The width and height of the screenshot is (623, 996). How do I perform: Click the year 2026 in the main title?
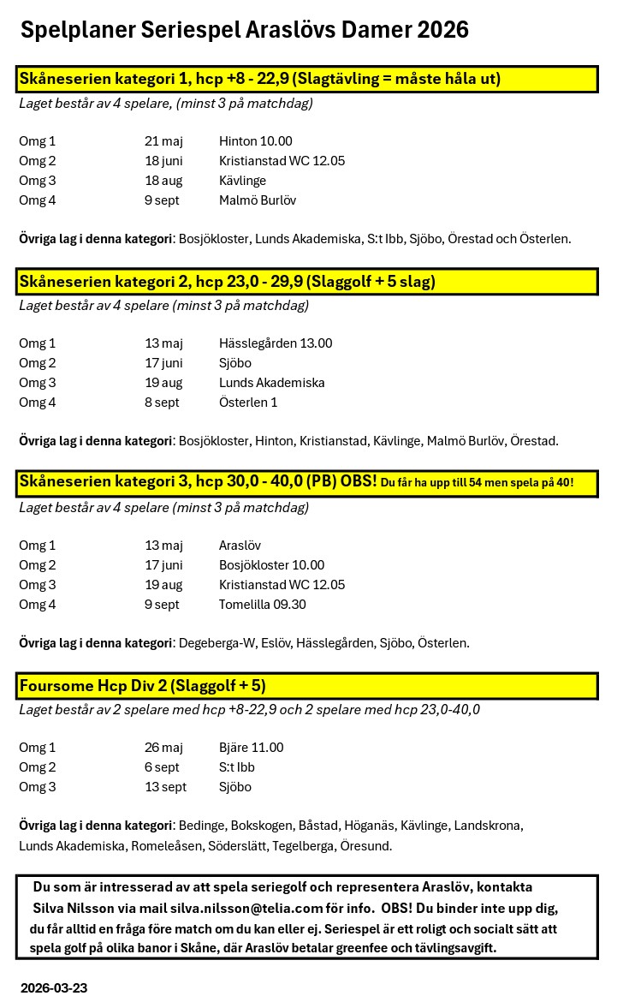click(x=442, y=30)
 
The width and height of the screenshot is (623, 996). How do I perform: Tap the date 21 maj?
click(x=163, y=141)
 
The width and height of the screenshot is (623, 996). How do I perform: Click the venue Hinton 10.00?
click(x=255, y=141)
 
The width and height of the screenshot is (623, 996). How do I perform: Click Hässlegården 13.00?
click(x=276, y=343)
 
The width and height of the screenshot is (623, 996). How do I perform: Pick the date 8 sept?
click(x=162, y=403)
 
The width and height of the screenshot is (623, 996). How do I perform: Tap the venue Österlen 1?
click(x=248, y=403)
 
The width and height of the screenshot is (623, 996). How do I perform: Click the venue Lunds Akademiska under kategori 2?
click(x=271, y=383)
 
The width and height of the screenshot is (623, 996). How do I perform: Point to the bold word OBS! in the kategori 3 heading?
click(x=359, y=482)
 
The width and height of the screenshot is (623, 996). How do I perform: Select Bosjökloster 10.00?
click(x=271, y=565)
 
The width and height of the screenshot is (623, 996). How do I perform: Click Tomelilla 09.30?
click(x=262, y=605)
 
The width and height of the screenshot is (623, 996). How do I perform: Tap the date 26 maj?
click(x=163, y=748)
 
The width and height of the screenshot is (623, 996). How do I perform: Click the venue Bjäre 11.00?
click(x=251, y=748)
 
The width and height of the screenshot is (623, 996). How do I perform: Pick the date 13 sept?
click(x=165, y=787)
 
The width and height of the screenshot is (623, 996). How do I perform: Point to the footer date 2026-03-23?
click(x=54, y=987)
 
